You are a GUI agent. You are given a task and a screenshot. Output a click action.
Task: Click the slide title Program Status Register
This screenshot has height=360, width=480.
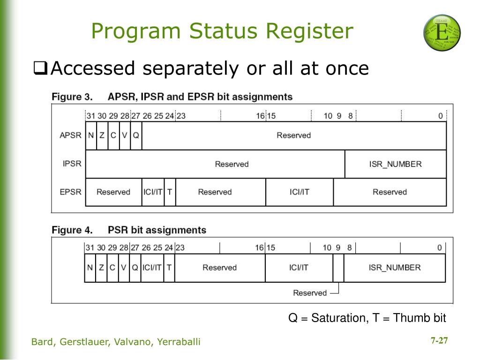(222, 31)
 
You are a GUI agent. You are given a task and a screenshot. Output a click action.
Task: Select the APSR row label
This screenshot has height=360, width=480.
(70, 135)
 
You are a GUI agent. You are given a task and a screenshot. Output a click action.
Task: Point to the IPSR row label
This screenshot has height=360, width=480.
(72, 164)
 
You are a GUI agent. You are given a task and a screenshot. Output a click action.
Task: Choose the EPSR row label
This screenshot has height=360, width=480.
(70, 192)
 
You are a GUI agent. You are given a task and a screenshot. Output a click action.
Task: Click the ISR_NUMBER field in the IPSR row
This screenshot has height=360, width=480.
(395, 164)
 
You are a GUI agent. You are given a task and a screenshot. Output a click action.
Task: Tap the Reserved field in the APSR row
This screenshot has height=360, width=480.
(293, 135)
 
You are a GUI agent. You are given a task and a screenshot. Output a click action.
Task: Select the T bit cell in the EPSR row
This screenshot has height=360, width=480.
(170, 192)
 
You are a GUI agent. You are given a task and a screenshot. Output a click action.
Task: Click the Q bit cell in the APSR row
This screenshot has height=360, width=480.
(136, 135)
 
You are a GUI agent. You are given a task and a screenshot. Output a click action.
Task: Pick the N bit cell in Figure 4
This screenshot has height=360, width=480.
(90, 268)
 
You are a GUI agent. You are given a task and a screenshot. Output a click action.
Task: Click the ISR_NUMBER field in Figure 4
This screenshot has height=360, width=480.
(394, 268)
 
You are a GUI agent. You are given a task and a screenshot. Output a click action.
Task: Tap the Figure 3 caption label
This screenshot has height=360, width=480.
(72, 97)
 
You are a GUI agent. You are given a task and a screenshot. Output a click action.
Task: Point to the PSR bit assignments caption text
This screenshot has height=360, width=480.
(157, 230)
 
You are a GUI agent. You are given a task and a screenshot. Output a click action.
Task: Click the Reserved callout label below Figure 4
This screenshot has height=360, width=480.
(309, 293)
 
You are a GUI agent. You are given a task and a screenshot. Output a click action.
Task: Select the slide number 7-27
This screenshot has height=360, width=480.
(439, 341)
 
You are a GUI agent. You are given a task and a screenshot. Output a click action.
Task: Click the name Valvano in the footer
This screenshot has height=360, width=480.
(134, 342)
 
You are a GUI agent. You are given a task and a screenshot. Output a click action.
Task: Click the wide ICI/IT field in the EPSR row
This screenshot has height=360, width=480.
(299, 192)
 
